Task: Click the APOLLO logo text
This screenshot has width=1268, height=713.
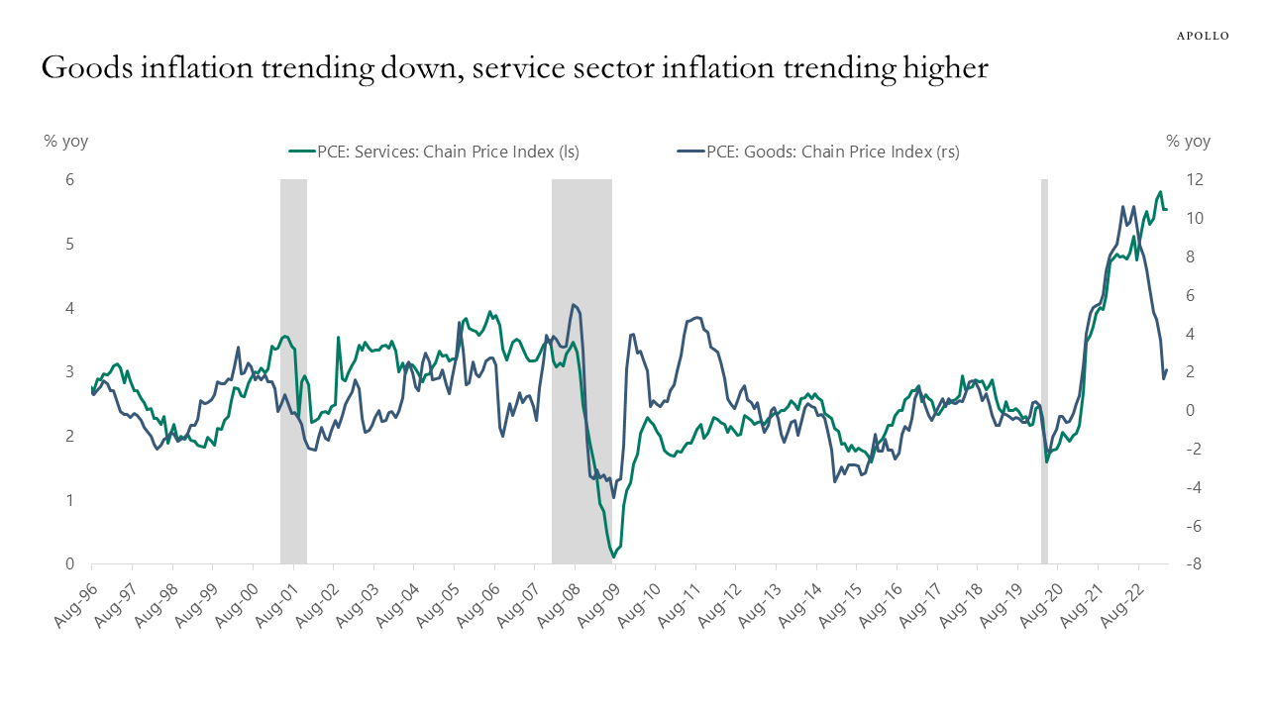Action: pyautogui.click(x=1202, y=36)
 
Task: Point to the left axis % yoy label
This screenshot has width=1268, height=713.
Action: pyautogui.click(x=65, y=141)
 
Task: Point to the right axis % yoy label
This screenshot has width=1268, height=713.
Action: pyautogui.click(x=1188, y=141)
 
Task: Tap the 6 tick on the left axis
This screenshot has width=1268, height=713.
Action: pyautogui.click(x=70, y=179)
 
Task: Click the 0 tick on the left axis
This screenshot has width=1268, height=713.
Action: pyautogui.click(x=70, y=564)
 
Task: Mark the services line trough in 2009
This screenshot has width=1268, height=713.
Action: pyautogui.click(x=613, y=557)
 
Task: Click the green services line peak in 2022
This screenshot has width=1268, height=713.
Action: pyautogui.click(x=1160, y=192)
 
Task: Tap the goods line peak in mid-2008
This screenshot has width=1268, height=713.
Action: pyautogui.click(x=574, y=305)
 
